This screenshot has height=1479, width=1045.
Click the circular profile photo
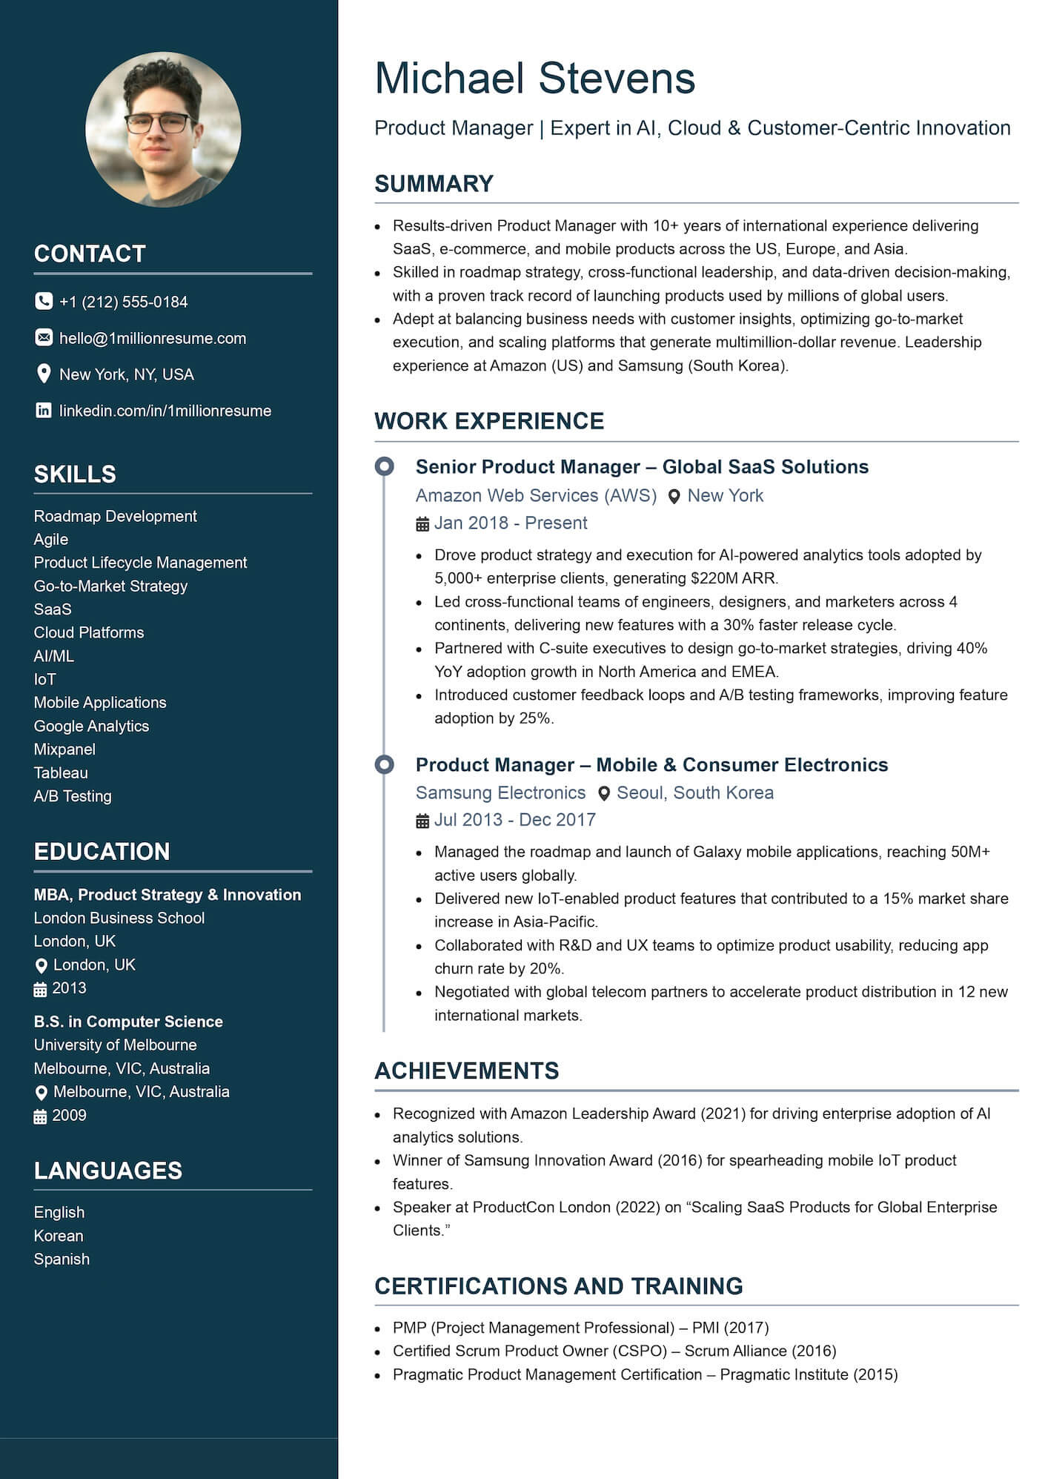click(163, 129)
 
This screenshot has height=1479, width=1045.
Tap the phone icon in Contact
click(44, 301)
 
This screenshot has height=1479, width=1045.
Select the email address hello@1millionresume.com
click(152, 338)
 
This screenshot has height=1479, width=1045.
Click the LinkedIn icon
click(44, 410)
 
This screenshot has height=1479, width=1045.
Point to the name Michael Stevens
click(534, 78)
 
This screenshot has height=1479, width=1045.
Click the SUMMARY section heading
click(434, 184)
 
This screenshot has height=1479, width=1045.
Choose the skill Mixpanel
click(64, 749)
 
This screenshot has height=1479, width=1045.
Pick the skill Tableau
click(61, 772)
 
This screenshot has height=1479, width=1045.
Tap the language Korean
click(59, 1235)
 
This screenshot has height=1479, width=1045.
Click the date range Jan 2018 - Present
click(510, 523)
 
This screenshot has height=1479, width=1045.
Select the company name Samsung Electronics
click(500, 793)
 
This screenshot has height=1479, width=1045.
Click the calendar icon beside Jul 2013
click(422, 821)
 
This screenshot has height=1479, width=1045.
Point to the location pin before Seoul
click(604, 793)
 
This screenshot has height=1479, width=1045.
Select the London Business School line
click(119, 918)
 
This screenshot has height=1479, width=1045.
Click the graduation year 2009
click(69, 1115)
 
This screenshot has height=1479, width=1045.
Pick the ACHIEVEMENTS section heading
click(466, 1071)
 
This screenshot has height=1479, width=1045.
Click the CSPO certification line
click(614, 1351)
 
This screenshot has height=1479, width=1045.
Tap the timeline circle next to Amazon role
click(384, 466)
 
